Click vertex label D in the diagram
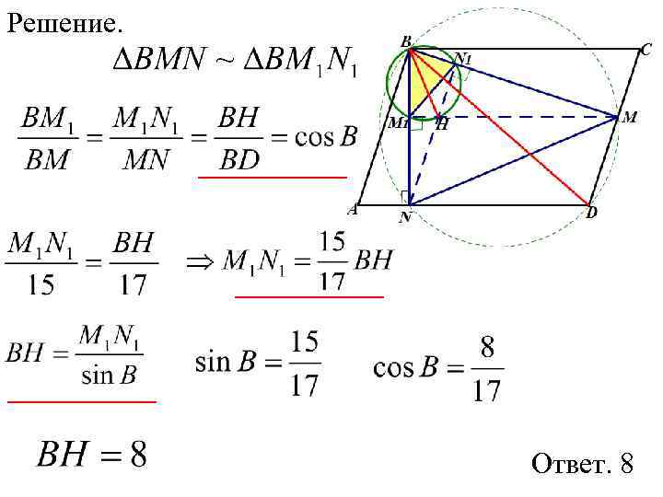click(592, 214)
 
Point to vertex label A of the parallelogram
click(352, 210)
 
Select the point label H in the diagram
click(442, 124)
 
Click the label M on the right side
click(630, 118)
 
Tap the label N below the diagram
click(405, 218)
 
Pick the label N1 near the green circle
click(462, 59)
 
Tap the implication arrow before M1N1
click(199, 262)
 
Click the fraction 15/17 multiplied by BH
click(331, 262)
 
